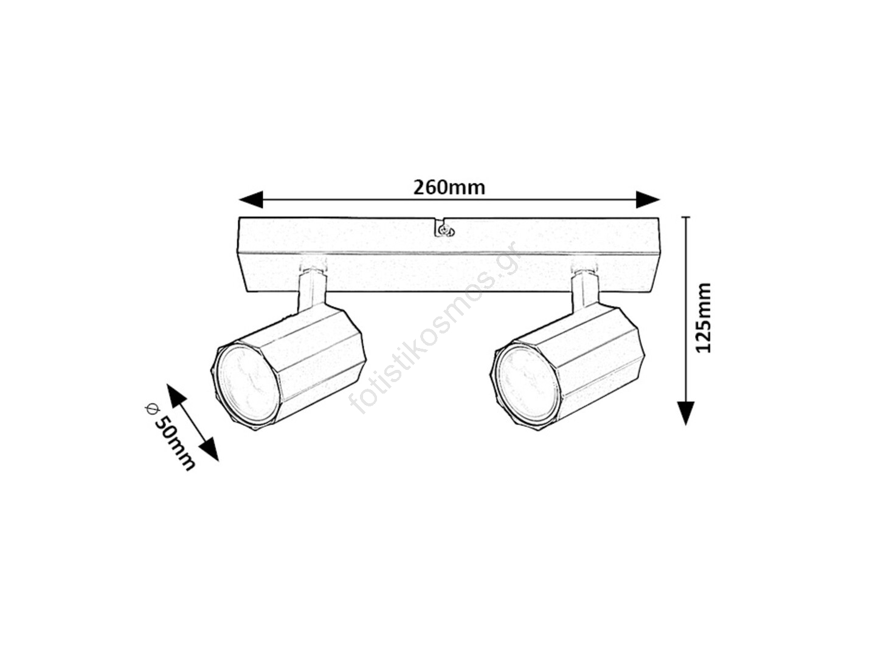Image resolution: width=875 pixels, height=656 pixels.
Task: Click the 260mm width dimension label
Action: pyautogui.click(x=449, y=188)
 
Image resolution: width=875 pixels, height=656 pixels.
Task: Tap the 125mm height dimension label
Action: pyautogui.click(x=703, y=316)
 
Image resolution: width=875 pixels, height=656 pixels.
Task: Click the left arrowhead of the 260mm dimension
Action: pyautogui.click(x=251, y=199)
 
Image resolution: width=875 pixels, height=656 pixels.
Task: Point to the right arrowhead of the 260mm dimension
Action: pyautogui.click(x=648, y=199)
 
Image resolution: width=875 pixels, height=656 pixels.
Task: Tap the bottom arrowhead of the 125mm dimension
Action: pyautogui.click(x=686, y=413)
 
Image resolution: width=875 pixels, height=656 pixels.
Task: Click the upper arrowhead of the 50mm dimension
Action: pyautogui.click(x=176, y=395)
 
